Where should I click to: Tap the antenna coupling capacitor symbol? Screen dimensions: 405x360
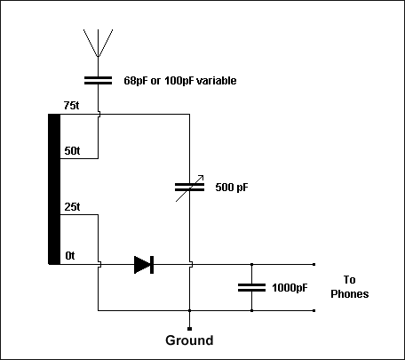[x=98, y=80]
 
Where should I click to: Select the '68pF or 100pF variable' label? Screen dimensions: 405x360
[x=180, y=81]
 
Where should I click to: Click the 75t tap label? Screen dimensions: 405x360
[x=71, y=106]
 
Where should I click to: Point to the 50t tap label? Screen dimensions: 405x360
[x=72, y=151]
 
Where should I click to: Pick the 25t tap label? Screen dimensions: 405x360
[x=72, y=207]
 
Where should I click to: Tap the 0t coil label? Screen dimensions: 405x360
[x=70, y=255]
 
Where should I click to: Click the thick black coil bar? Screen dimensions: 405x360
[x=54, y=189]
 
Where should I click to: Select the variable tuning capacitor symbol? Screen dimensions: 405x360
[x=189, y=188]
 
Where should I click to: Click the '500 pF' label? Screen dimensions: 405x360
[x=232, y=188]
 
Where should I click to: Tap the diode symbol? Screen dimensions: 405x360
[x=144, y=265]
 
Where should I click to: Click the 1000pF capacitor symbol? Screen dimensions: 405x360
[x=251, y=287]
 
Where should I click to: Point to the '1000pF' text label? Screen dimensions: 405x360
[x=290, y=288]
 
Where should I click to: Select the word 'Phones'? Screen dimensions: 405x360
[x=350, y=294]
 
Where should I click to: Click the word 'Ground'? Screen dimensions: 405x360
[x=189, y=340]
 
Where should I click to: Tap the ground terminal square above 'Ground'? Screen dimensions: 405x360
[x=189, y=329]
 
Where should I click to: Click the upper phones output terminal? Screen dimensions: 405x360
[x=314, y=264]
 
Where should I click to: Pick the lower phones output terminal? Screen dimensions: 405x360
[x=314, y=310]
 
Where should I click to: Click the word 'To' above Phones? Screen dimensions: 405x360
[x=349, y=280]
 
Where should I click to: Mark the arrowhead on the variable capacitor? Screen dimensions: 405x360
[x=202, y=177]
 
